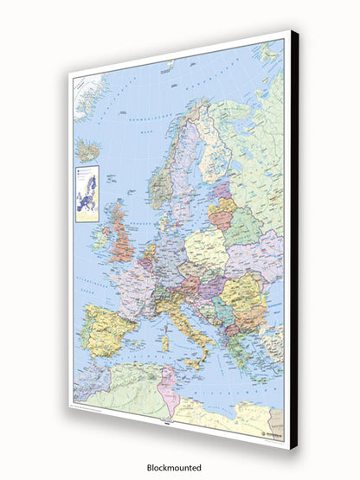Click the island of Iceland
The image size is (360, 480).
point(88,150)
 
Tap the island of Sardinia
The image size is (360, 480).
point(164,342)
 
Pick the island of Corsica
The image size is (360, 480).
point(166,324)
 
